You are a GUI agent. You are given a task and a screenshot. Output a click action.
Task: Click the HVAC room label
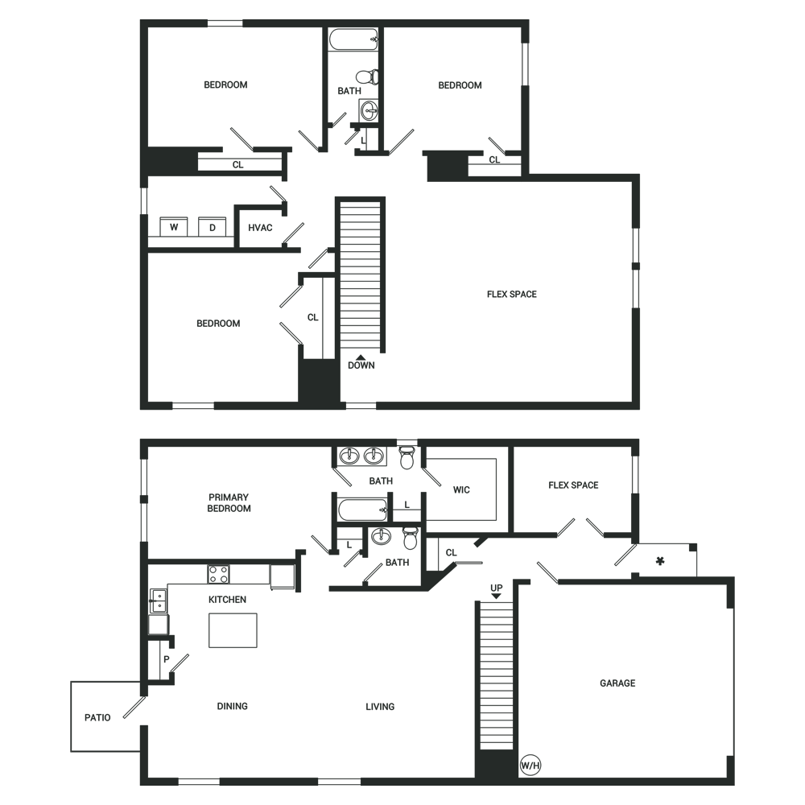coord(260,228)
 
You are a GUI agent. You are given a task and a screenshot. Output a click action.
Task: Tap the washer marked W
coord(174,226)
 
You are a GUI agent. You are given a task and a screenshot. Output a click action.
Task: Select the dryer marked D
coord(212,226)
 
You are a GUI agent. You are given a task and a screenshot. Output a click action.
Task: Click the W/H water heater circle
coord(530,766)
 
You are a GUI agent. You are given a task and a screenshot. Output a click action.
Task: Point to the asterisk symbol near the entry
coord(660,561)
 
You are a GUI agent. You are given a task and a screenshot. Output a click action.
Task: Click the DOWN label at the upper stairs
coord(361,365)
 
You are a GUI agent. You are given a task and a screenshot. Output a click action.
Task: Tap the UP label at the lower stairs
coord(496,588)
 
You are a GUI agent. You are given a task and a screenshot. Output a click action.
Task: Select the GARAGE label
coord(617,683)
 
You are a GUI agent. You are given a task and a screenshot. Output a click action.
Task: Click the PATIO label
coord(97,717)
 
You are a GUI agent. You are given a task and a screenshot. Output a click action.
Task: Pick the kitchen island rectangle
coord(233,630)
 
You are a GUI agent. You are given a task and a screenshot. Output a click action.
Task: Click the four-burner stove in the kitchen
coord(218,574)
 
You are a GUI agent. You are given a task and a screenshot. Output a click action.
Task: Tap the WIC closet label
coord(461,489)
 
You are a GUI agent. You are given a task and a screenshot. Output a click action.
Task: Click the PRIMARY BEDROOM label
coord(229,502)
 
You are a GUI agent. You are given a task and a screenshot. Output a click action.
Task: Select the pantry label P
coord(167,659)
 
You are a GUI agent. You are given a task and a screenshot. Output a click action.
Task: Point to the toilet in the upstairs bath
coord(368,77)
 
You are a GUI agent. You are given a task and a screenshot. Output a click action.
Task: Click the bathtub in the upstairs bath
coord(353,39)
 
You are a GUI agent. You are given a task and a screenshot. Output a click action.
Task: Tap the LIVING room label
coord(380,707)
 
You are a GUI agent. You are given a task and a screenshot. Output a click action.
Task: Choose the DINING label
coord(232,706)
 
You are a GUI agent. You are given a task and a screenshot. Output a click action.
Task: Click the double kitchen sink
coord(158,601)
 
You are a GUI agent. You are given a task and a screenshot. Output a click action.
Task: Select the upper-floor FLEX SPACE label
coord(512,294)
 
